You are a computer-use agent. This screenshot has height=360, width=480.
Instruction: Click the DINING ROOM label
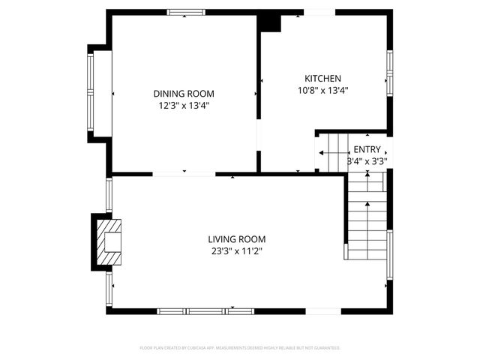(x=184, y=94)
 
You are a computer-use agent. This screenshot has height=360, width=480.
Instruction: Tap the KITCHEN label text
(x=322, y=79)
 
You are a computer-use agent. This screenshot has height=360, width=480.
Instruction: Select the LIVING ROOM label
(x=236, y=240)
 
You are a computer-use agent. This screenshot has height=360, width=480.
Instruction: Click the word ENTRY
(x=367, y=149)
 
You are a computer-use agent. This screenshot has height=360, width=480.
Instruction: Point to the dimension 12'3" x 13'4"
(x=184, y=106)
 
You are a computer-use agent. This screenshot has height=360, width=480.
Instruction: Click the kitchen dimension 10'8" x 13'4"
(x=322, y=91)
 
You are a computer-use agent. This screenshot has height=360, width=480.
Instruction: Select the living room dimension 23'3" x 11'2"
(x=236, y=252)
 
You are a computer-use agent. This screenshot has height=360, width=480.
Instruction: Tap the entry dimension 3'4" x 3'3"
(x=367, y=160)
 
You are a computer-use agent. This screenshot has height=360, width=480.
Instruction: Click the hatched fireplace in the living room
(x=109, y=241)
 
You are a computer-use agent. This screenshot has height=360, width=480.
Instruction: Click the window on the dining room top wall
(x=186, y=12)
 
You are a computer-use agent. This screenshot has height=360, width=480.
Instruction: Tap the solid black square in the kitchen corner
(x=269, y=22)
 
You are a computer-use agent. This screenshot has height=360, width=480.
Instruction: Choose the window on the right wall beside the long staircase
(x=389, y=255)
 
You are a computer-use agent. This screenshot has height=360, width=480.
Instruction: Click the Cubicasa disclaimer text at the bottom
(x=240, y=348)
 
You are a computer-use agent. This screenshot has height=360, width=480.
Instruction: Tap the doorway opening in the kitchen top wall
(x=319, y=12)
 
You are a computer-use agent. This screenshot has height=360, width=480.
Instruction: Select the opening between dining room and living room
(x=184, y=174)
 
